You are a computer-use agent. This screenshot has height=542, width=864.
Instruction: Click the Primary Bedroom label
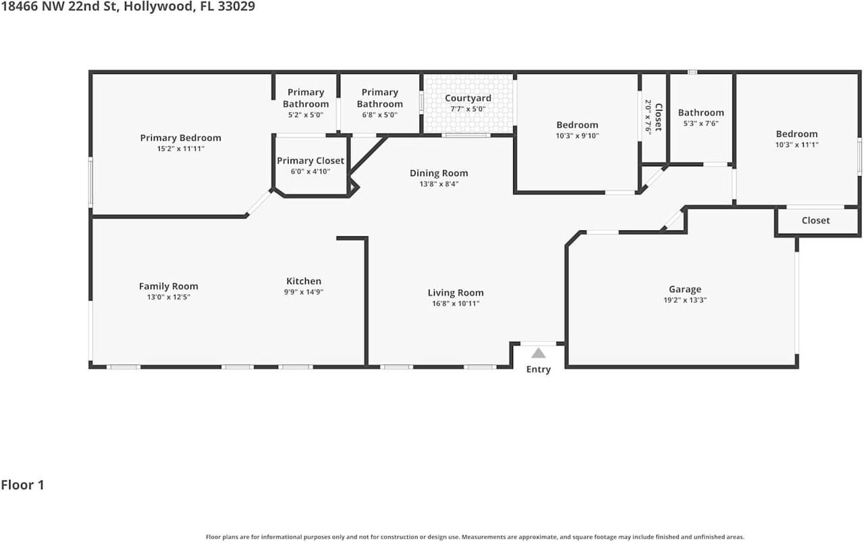click(180, 138)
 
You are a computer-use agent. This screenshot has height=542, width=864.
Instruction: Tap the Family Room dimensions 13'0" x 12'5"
click(168, 298)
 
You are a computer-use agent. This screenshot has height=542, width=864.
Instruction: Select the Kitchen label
click(304, 281)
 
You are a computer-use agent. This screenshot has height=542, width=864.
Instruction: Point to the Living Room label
click(456, 292)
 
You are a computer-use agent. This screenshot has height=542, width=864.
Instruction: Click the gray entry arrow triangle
click(538, 353)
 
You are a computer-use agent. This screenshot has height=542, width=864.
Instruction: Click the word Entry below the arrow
click(538, 369)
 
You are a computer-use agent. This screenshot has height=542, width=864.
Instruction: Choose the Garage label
click(685, 289)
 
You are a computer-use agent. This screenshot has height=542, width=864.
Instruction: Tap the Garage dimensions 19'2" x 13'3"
click(685, 300)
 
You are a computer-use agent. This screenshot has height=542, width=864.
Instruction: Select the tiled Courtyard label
click(468, 98)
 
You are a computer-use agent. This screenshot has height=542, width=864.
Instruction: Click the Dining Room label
click(439, 173)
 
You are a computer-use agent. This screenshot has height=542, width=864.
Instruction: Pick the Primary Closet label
click(310, 161)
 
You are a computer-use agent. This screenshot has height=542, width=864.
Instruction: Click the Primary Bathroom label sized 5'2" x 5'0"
click(306, 98)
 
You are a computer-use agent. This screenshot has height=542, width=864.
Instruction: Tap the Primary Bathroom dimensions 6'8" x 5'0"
click(379, 115)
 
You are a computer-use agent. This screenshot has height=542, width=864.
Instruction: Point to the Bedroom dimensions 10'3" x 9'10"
click(577, 136)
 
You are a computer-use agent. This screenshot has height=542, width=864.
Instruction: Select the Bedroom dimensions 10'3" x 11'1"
click(796, 144)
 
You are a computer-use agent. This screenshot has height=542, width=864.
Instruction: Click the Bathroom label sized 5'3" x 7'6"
click(701, 113)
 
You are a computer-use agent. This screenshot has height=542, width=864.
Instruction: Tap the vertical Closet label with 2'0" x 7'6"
click(658, 117)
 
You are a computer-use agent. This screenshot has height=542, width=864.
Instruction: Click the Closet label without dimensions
click(815, 220)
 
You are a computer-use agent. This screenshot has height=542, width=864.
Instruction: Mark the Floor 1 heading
click(22, 485)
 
